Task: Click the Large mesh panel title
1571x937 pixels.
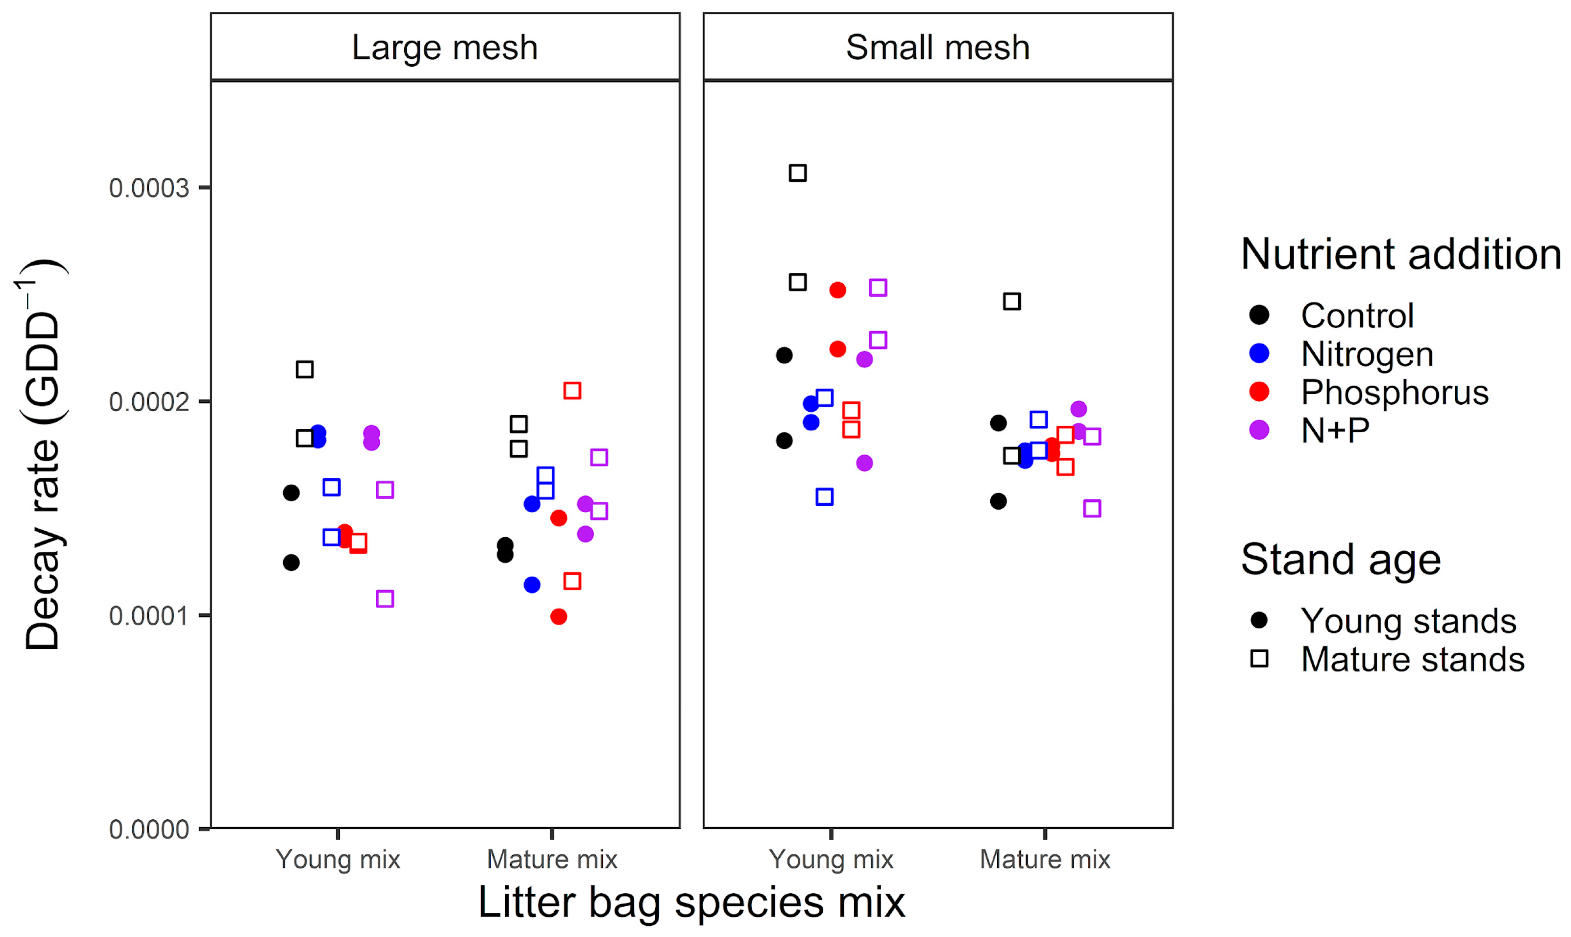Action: (444, 48)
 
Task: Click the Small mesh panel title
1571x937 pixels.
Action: (937, 48)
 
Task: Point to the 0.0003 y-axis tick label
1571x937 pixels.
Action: (149, 188)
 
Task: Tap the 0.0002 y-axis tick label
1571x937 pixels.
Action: (149, 402)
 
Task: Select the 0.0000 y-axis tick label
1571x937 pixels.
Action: (149, 830)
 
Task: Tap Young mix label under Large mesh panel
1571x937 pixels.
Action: (338, 860)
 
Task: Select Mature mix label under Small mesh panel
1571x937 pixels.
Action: (1045, 860)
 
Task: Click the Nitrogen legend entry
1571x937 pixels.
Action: (1367, 354)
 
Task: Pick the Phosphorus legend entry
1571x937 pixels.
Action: (1394, 392)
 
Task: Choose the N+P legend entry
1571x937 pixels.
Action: (1334, 431)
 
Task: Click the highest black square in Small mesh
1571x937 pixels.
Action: (798, 173)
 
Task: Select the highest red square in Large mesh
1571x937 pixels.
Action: (572, 391)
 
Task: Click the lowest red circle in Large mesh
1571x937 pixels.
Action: (559, 617)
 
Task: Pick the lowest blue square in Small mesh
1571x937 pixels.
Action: (824, 497)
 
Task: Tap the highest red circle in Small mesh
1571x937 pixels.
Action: (837, 291)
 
